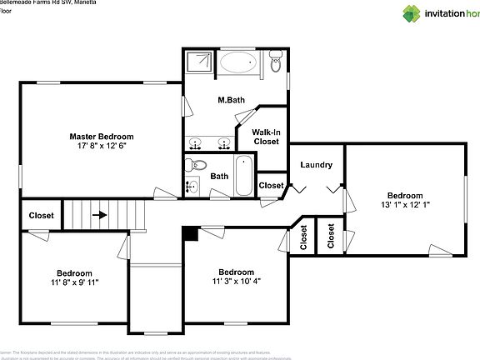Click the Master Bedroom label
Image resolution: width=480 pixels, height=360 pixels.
point(101,137)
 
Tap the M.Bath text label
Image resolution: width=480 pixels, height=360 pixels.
point(231,101)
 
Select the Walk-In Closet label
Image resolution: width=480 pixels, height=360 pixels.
point(266,137)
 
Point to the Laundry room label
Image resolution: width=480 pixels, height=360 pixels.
point(316,165)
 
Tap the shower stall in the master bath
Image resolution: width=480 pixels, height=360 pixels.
point(200,63)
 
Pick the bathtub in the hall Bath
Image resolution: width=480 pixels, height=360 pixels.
point(243,176)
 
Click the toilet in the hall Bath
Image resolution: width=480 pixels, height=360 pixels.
point(192,164)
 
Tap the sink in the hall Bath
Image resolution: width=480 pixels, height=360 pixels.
point(193,185)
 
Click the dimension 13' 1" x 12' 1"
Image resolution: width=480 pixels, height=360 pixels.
point(405,204)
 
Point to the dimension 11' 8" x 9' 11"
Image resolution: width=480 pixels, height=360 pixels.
point(74,282)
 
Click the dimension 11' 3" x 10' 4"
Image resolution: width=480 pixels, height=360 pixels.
point(236,282)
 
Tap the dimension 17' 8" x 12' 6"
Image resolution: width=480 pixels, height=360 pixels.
point(101,147)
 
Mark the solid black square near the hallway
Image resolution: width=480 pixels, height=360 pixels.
point(191,233)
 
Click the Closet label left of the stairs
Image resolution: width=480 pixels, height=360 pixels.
point(41,215)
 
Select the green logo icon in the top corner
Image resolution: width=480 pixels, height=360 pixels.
point(412,12)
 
